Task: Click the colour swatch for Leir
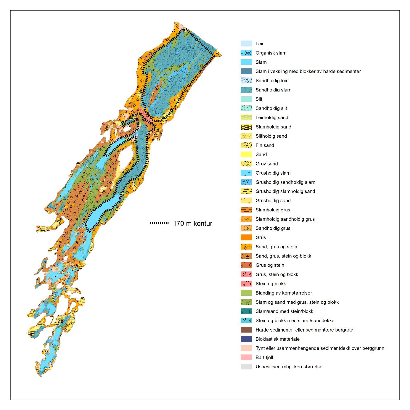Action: pyautogui.click(x=246, y=44)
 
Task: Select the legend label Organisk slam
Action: pyautogui.click(x=271, y=53)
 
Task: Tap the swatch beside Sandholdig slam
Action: pyautogui.click(x=246, y=90)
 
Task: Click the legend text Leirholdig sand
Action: pyautogui.click(x=272, y=118)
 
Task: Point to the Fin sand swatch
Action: pyautogui.click(x=246, y=145)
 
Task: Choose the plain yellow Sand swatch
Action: pyautogui.click(x=246, y=154)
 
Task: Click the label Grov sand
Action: pyautogui.click(x=266, y=163)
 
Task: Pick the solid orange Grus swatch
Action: pyautogui.click(x=246, y=237)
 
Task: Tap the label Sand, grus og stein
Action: pyautogui.click(x=276, y=247)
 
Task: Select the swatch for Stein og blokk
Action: pyautogui.click(x=246, y=284)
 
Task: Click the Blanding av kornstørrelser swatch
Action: pyautogui.click(x=246, y=293)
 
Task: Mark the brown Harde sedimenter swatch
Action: pyautogui.click(x=246, y=330)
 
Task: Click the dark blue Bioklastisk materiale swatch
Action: pyautogui.click(x=246, y=339)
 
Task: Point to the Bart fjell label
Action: pyautogui.click(x=264, y=357)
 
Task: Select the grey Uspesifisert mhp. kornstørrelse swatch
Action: pyautogui.click(x=246, y=366)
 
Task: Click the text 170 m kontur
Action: pyautogui.click(x=192, y=224)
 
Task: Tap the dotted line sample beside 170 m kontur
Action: pyautogui.click(x=160, y=224)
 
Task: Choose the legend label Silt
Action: pyautogui.click(x=259, y=99)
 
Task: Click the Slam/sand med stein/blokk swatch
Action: pyautogui.click(x=246, y=311)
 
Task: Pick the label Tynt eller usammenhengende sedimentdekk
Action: pyautogui.click(x=320, y=348)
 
